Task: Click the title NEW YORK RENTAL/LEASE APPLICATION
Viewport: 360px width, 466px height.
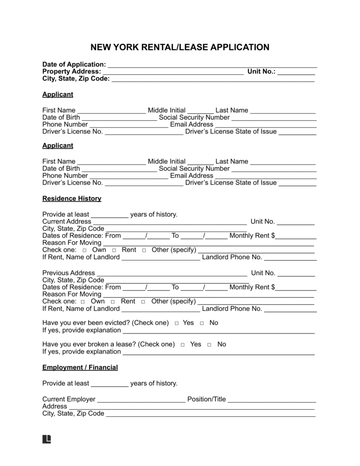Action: (x=180, y=47)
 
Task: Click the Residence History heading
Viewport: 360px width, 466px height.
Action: (x=72, y=198)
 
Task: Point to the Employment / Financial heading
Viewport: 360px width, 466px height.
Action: (x=80, y=368)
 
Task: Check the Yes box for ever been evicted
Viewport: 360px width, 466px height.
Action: (x=177, y=323)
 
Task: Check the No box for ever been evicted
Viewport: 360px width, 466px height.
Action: (x=202, y=323)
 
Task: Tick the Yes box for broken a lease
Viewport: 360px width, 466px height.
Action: (x=183, y=345)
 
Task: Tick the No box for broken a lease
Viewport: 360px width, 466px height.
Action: (x=209, y=345)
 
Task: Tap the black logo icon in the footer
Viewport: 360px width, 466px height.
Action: (x=46, y=439)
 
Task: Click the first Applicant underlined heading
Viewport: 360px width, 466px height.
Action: (x=58, y=95)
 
